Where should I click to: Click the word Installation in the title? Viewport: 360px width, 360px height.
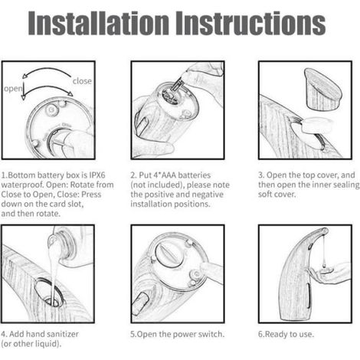pos(99,23)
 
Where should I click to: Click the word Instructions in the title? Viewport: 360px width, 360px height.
pos(250,23)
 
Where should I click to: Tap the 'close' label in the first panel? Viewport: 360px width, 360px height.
pos(82,81)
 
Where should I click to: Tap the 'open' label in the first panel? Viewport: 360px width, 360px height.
pos(13,89)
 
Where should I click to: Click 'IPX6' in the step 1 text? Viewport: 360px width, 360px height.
pos(97,175)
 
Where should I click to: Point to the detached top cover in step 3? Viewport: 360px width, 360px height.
pos(322,88)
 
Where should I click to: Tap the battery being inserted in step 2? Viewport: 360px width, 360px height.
pos(178,86)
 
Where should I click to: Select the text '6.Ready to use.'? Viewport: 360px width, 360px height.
pos(286,334)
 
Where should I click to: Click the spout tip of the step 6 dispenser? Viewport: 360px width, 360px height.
pos(324,231)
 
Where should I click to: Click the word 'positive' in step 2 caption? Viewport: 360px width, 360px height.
pos(160,195)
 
